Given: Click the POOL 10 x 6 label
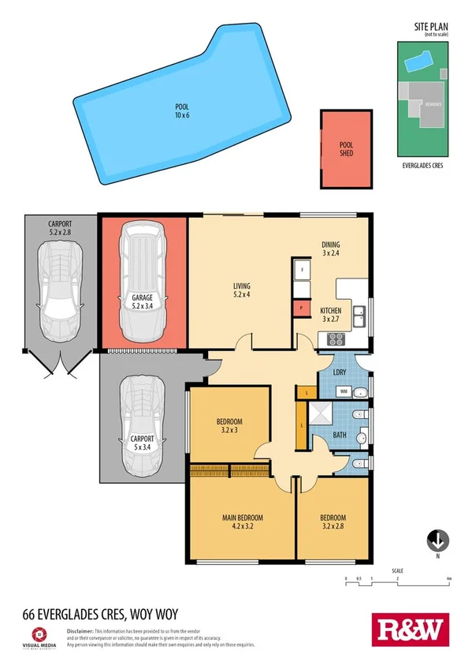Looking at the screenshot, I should [183, 111].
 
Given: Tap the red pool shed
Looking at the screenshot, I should [346, 149].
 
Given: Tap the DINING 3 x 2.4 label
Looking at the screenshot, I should [330, 249].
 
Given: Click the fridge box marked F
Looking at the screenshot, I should [301, 269].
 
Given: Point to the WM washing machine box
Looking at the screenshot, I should [344, 391].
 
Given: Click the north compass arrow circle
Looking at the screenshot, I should [437, 541].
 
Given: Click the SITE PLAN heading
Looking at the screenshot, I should [431, 28].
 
